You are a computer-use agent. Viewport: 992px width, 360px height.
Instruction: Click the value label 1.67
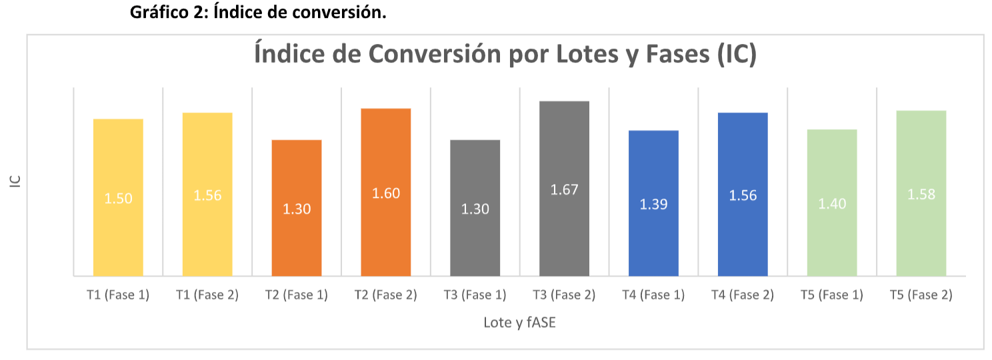[x=564, y=189]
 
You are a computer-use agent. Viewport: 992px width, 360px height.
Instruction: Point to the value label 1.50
[x=118, y=199]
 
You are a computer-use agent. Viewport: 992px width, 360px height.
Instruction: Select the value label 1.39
[x=653, y=205]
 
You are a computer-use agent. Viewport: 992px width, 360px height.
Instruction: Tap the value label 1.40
[x=832, y=204]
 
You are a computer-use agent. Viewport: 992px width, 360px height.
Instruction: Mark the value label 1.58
[x=921, y=195]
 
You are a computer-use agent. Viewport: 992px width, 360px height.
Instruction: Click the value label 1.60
[x=386, y=193]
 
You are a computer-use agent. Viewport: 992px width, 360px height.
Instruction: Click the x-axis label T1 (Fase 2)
[x=207, y=295]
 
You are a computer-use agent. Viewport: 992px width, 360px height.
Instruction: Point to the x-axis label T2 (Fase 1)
[x=297, y=295]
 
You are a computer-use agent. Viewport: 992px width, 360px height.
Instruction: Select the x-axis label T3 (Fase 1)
[x=475, y=295]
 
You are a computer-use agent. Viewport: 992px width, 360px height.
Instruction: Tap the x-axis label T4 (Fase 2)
[x=743, y=295]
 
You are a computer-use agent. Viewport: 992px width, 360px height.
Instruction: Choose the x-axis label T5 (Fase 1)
[x=832, y=295]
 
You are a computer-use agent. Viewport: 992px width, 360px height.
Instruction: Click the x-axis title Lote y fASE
[x=519, y=323]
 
